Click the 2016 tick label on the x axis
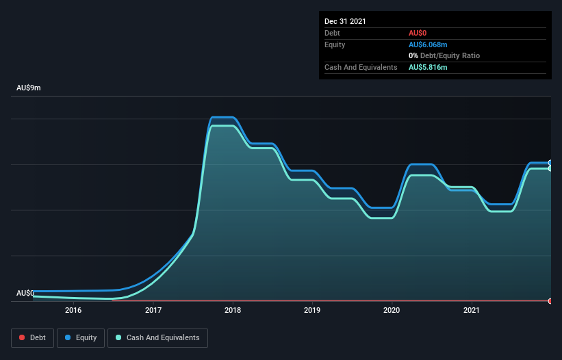73,310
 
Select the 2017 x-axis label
153,310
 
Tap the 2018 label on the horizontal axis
233,310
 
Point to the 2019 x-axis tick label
312,310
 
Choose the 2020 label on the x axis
392,310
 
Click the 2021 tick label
471,310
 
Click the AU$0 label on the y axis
25,293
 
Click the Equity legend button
81,337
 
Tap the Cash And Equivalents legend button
157,337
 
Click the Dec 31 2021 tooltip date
345,21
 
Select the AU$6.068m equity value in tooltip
428,44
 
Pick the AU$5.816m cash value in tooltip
428,67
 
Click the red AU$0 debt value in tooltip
418,33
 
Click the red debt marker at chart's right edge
550,301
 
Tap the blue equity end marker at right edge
550,163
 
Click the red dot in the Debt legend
23,338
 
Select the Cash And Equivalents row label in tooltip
361,67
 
